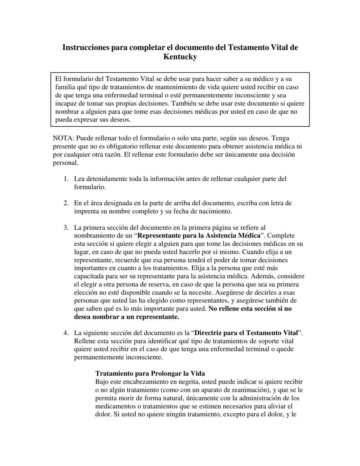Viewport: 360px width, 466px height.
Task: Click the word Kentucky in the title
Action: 180,57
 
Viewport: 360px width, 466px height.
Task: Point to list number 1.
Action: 66,179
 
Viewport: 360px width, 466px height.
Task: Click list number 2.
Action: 66,203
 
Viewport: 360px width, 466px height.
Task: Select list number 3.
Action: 66,228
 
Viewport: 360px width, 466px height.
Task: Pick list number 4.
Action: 66,333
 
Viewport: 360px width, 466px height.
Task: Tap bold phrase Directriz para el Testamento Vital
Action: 246,333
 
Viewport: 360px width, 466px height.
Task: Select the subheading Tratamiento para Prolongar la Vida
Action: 150,373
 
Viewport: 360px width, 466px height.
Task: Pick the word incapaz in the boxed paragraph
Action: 66,103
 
